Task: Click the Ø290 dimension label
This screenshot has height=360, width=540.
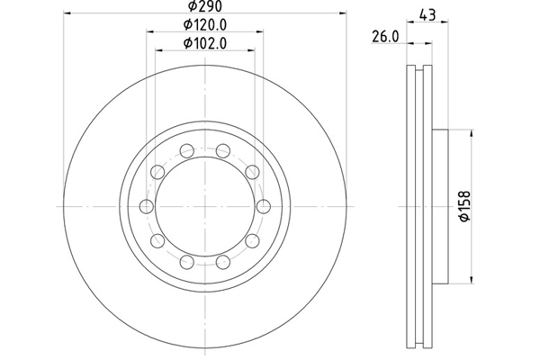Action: click(x=205, y=5)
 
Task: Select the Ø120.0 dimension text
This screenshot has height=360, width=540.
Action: click(x=205, y=25)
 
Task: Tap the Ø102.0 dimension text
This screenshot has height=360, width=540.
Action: click(x=205, y=43)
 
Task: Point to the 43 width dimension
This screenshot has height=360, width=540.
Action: click(x=427, y=14)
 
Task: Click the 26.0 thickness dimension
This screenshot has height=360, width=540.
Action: click(x=385, y=37)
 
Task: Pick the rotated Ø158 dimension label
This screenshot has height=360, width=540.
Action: click(x=465, y=206)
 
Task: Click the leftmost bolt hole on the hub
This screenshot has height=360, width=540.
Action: click(x=147, y=206)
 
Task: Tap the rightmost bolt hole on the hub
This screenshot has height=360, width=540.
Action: click(x=264, y=206)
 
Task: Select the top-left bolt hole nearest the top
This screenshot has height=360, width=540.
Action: click(x=187, y=150)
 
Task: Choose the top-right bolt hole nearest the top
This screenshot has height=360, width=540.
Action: click(x=223, y=150)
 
